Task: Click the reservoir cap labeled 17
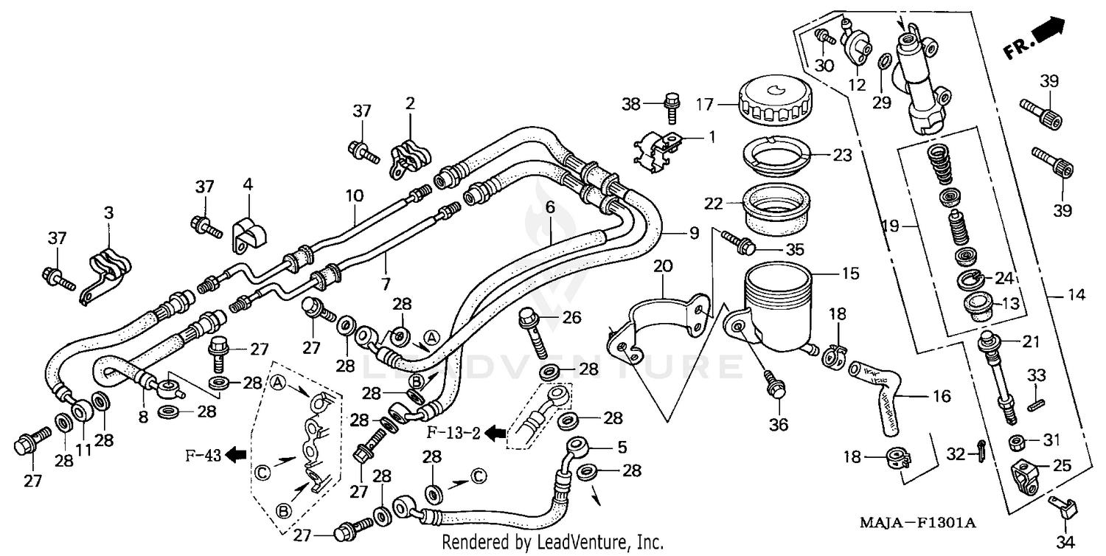click(774, 104)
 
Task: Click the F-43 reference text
click(203, 455)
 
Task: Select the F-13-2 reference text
click(453, 432)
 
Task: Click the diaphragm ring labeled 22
click(776, 204)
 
